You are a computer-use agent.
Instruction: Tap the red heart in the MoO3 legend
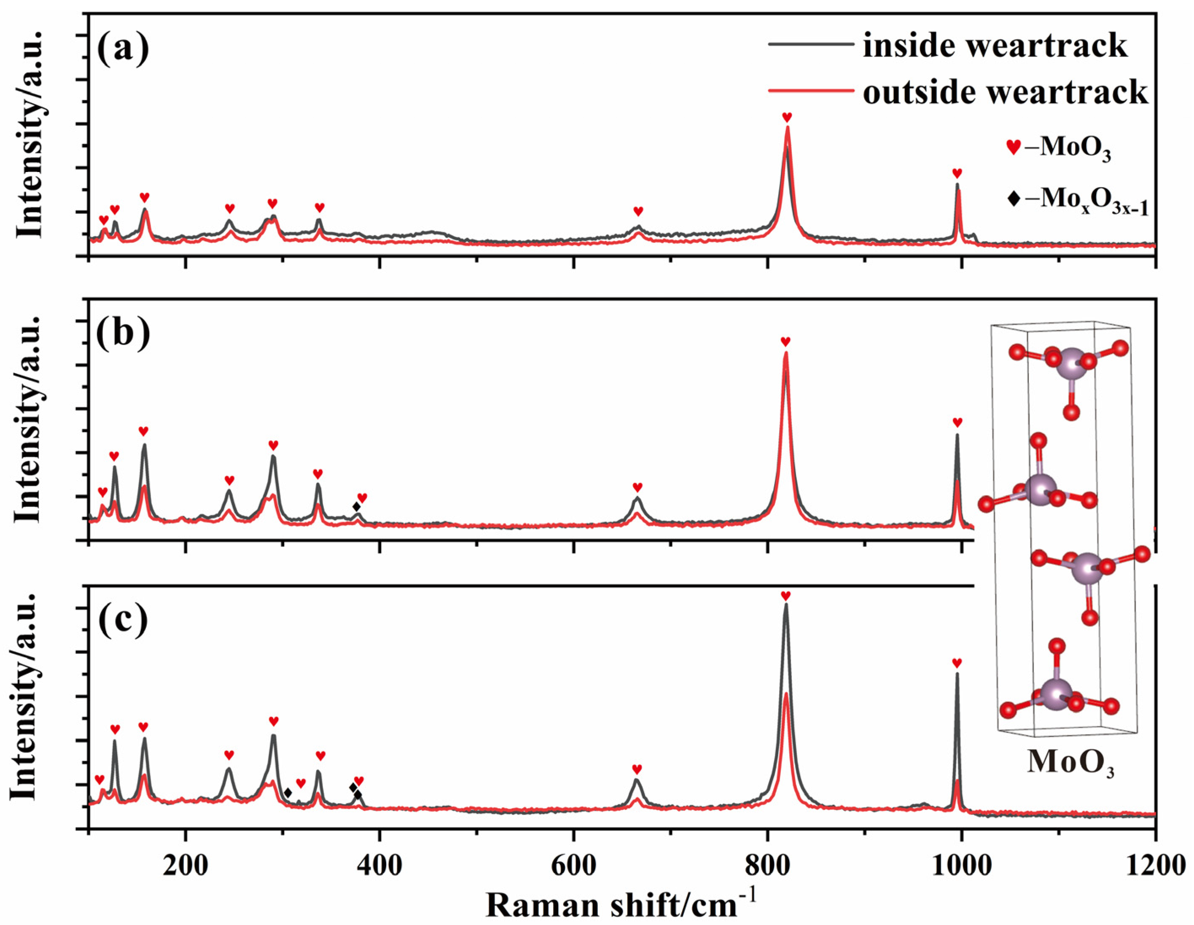pos(1013,148)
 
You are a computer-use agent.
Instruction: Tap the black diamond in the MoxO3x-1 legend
pos(1014,199)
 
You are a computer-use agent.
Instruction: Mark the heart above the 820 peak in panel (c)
pos(785,596)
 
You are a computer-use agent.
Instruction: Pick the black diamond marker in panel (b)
pos(356,507)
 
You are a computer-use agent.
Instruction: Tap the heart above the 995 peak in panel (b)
pos(957,422)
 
